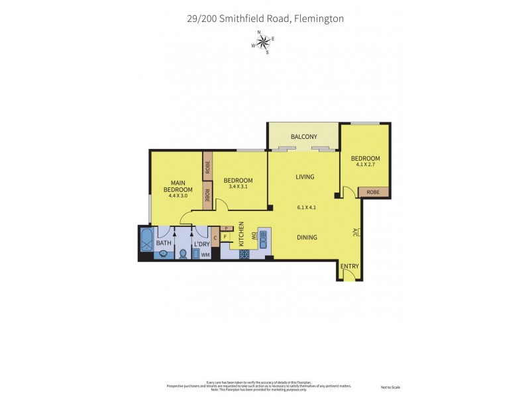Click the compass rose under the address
[x=264, y=43]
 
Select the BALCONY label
[x=303, y=137]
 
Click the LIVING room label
[x=305, y=177]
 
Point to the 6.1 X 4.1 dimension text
[x=306, y=207]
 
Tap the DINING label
[x=306, y=238]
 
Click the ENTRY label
[x=349, y=267]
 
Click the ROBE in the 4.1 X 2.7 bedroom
[x=373, y=192]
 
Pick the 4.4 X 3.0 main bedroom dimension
[x=178, y=197]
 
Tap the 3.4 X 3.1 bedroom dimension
[x=238, y=187]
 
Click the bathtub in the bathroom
[x=146, y=239]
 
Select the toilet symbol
[x=182, y=253]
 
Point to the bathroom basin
[x=163, y=253]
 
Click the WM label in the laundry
[x=205, y=254]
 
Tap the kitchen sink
[x=262, y=237]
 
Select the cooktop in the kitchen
[x=244, y=253]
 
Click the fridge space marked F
[x=225, y=237]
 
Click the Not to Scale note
[x=392, y=387]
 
